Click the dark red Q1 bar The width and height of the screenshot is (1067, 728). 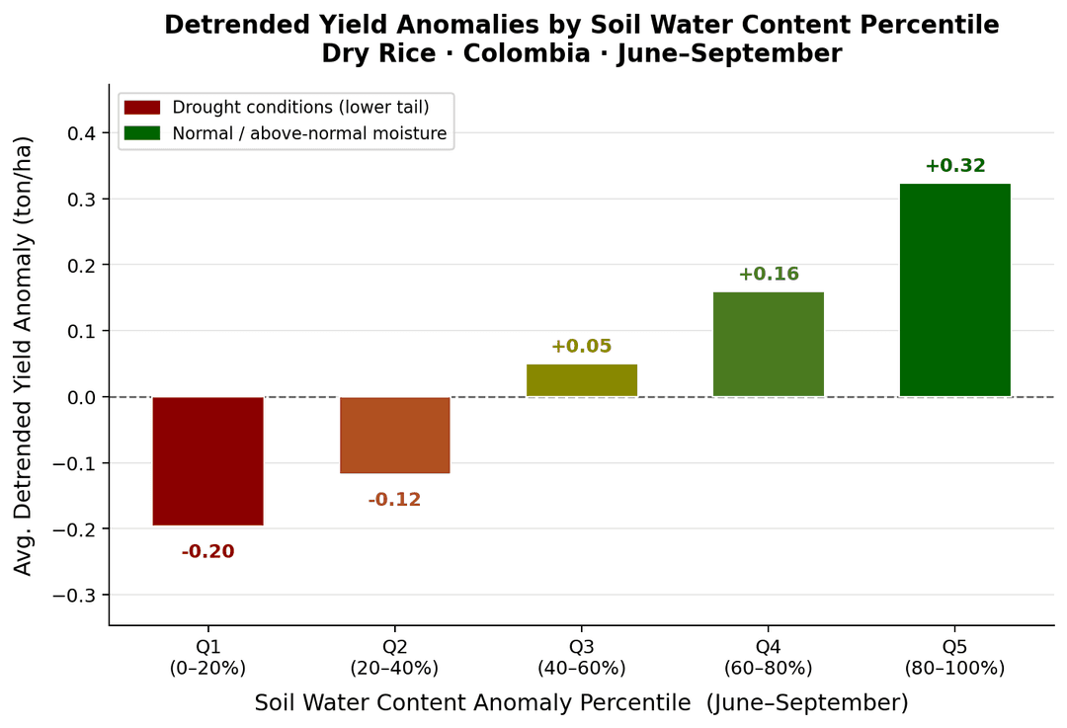coord(207,460)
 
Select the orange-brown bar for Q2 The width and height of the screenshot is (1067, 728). coord(394,435)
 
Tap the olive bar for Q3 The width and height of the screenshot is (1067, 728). coord(581,380)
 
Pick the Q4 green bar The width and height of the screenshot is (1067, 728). coord(768,344)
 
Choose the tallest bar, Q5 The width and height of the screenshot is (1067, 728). coord(954,290)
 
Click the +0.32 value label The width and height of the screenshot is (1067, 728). coord(954,166)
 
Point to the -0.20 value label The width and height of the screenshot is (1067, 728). coord(207,552)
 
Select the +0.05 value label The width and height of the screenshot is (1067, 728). coord(581,347)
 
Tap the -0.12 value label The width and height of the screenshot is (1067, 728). coord(394,500)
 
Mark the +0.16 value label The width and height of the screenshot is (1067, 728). coord(768,275)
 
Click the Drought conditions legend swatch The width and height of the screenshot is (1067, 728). coord(141,108)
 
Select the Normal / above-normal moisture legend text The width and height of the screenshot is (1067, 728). coord(309,133)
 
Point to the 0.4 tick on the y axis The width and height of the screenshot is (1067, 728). coord(83,133)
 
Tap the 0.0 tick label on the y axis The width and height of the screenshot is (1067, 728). coord(83,397)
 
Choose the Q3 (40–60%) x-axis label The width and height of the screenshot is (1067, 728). coord(581,658)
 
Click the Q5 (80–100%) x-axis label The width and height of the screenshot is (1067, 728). coord(954,658)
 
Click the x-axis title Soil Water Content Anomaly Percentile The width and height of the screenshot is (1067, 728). coord(581,703)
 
